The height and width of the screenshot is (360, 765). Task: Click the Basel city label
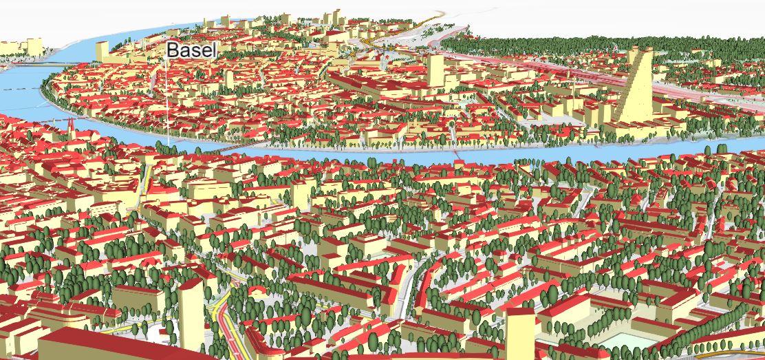pos(192,50)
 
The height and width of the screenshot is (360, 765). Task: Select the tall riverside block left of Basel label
pos(103,52)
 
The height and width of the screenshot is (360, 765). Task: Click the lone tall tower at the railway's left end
pos(435,71)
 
